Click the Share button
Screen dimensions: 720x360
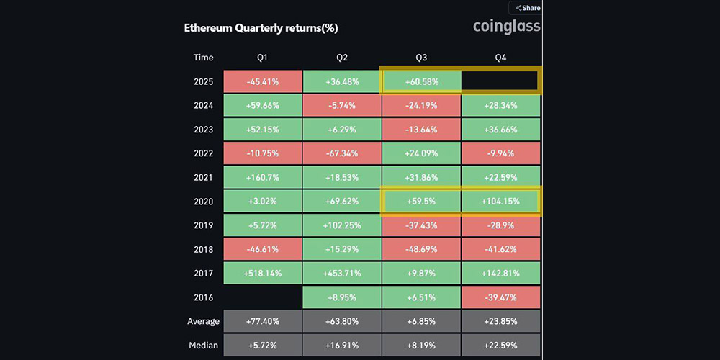tap(526, 8)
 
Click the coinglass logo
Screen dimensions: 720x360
tap(506, 27)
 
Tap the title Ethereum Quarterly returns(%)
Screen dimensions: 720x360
tap(261, 28)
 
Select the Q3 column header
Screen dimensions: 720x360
tap(421, 58)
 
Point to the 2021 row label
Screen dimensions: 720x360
tap(204, 177)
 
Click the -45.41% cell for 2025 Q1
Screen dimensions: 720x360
tap(263, 82)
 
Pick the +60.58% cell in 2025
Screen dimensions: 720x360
tap(421, 82)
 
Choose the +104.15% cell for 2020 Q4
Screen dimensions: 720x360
tap(500, 201)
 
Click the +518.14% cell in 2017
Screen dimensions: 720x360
tap(263, 273)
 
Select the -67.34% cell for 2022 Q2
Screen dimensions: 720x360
tap(341, 153)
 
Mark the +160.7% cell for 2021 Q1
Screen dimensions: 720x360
tap(263, 177)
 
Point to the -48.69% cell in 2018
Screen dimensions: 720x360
tap(421, 249)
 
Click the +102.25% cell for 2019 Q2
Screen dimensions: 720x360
tap(341, 225)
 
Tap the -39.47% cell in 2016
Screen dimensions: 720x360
tap(500, 297)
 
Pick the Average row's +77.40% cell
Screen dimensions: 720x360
tap(263, 321)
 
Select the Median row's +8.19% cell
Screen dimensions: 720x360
tap(421, 345)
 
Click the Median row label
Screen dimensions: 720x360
tap(204, 345)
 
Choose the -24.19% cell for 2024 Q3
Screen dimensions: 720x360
tap(421, 106)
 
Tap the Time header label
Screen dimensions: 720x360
tap(204, 58)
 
